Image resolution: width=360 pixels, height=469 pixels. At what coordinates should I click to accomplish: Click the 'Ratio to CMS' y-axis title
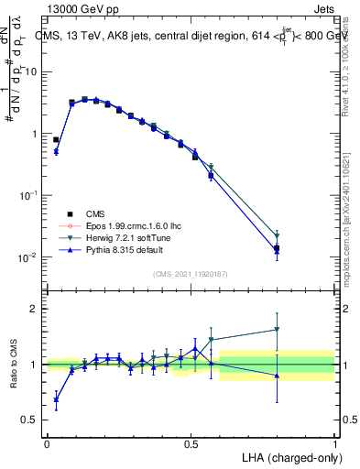[x=13, y=365]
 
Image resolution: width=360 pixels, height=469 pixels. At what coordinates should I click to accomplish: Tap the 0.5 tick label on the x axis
[x=191, y=443]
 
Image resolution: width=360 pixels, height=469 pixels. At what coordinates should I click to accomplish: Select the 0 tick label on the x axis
[x=47, y=443]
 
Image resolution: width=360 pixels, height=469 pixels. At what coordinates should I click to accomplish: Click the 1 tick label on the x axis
[x=335, y=443]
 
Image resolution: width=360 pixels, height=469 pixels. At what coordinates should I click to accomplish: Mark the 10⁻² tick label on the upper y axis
[x=28, y=257]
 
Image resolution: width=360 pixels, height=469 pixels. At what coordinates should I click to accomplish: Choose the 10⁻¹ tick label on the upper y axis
[x=28, y=195]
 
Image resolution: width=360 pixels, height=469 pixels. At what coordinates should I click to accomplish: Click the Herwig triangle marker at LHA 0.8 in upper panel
[x=277, y=236]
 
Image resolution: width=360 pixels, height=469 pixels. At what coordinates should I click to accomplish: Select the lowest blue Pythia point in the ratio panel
[x=56, y=398]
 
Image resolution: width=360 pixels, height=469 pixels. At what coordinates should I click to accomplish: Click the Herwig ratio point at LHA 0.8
[x=277, y=330]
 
